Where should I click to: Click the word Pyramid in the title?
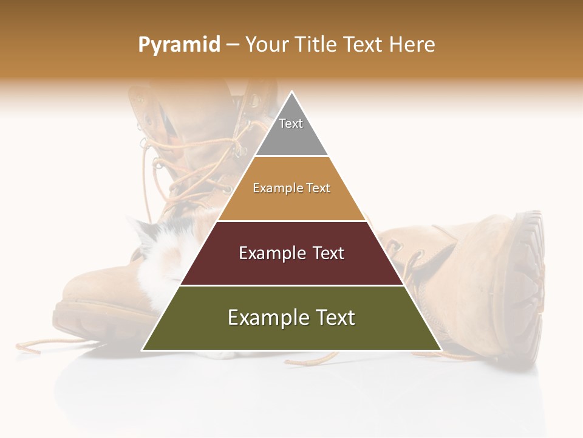click(179, 45)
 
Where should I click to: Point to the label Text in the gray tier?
click(291, 123)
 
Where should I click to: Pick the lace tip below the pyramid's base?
click(304, 361)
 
